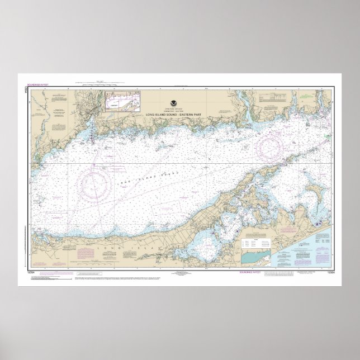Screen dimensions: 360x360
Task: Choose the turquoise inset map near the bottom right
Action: click(x=257, y=257)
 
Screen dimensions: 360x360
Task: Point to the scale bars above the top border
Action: click(x=101, y=83)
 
